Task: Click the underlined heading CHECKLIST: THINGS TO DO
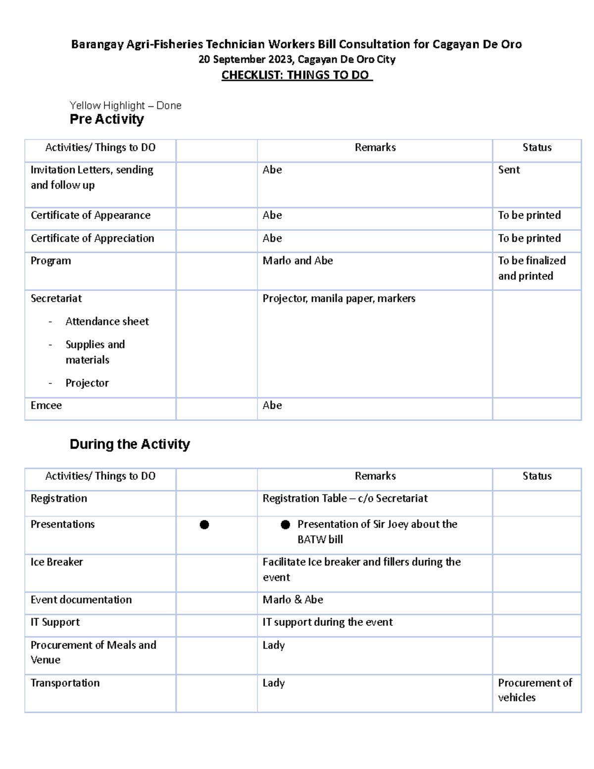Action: click(296, 75)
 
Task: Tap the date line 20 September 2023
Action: click(297, 60)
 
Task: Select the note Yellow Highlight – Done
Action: click(125, 105)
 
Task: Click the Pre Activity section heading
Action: click(107, 119)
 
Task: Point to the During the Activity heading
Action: click(130, 444)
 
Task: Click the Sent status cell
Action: click(509, 170)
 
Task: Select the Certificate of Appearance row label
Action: click(91, 215)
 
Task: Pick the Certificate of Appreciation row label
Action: click(92, 238)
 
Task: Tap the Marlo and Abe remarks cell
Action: click(297, 261)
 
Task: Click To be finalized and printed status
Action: click(532, 268)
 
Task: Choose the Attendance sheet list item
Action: click(107, 321)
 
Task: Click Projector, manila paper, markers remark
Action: click(339, 299)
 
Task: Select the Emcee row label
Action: click(46, 406)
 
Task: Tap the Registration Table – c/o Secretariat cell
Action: click(345, 499)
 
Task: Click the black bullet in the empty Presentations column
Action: click(204, 525)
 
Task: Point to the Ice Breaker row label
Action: click(57, 562)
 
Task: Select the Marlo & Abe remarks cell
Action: click(293, 600)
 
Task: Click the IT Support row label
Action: click(55, 622)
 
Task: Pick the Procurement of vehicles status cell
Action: click(535, 690)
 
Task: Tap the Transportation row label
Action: click(65, 683)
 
